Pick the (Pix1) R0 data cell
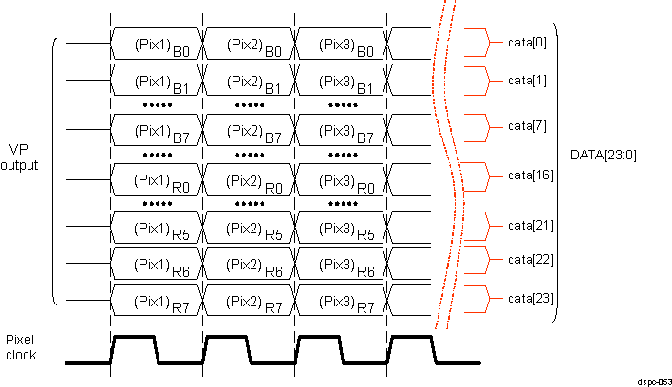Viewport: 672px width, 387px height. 156,178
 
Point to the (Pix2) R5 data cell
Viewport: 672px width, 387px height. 249,228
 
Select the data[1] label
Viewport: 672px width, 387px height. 528,80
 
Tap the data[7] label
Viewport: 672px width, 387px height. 528,125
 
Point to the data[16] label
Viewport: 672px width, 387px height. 531,175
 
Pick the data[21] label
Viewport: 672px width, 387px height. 531,225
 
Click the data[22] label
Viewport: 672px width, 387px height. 531,259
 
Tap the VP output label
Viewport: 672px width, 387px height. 24,157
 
